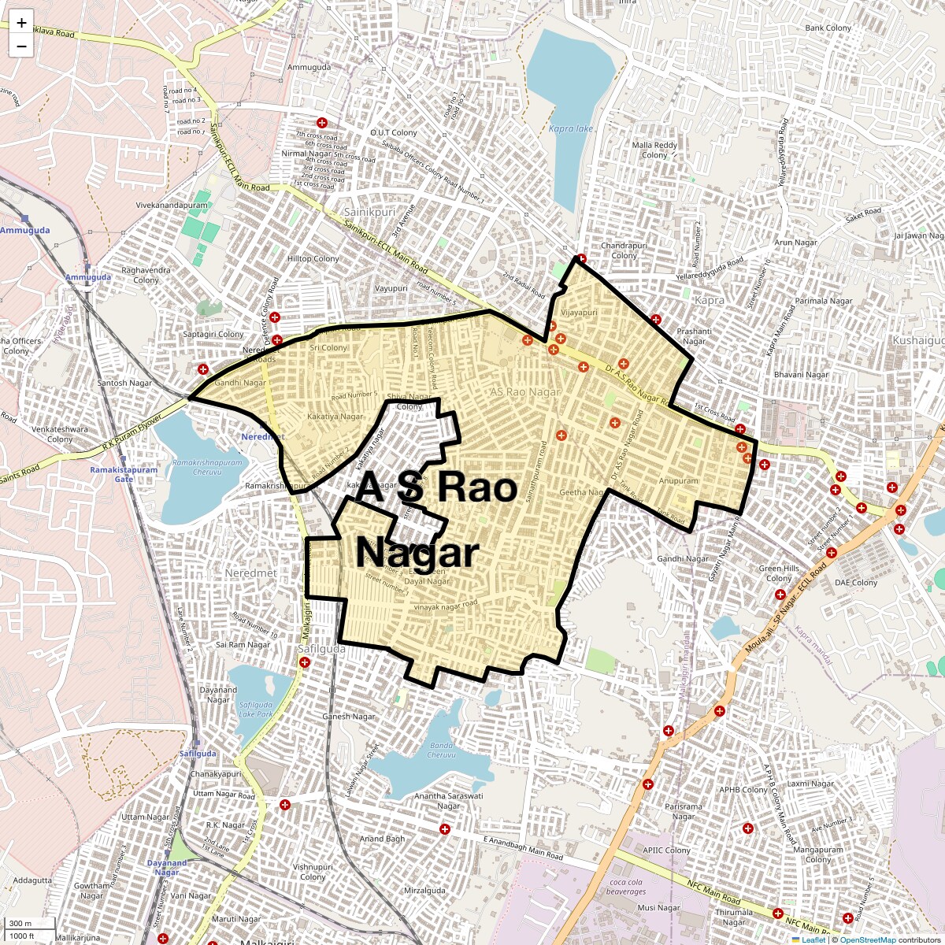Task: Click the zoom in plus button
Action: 21,23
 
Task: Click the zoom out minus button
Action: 21,46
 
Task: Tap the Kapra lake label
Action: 571,128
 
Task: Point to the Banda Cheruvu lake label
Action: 441,750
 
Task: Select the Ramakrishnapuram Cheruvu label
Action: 201,467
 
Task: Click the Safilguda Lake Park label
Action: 255,709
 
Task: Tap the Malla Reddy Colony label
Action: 654,150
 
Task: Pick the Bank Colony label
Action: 828,28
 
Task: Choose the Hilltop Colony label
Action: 313,258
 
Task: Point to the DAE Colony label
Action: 856,583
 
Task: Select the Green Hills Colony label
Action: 779,573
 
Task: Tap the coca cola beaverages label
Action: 627,887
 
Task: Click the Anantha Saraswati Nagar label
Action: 448,801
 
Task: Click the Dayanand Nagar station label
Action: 167,867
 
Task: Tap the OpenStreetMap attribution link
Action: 867,939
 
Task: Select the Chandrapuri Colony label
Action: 624,250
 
